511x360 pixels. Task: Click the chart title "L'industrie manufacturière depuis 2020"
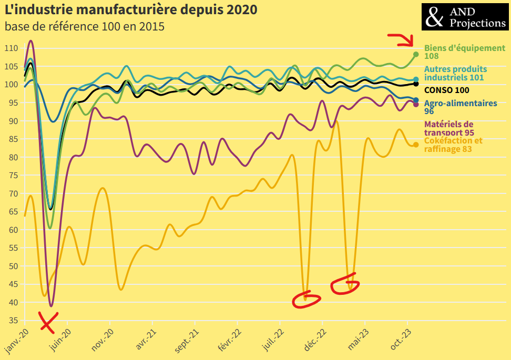coord(131,10)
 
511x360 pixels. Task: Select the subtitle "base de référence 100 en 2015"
coord(85,26)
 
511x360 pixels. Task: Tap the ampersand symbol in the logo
coord(435,17)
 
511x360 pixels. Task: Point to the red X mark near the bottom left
coord(48,322)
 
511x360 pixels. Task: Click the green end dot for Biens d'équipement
coord(416,54)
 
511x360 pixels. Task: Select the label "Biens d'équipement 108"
coord(464,52)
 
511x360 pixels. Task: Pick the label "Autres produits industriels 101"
coord(455,73)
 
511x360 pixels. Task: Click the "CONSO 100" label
coord(446,90)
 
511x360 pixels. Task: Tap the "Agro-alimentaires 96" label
coord(461,107)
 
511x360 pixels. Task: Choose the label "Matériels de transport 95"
coord(448,128)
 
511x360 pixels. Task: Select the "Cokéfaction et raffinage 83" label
coord(453,145)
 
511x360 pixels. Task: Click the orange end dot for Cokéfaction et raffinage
coord(416,145)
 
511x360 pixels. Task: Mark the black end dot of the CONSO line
coord(416,84)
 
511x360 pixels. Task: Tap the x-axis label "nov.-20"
coord(103,340)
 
